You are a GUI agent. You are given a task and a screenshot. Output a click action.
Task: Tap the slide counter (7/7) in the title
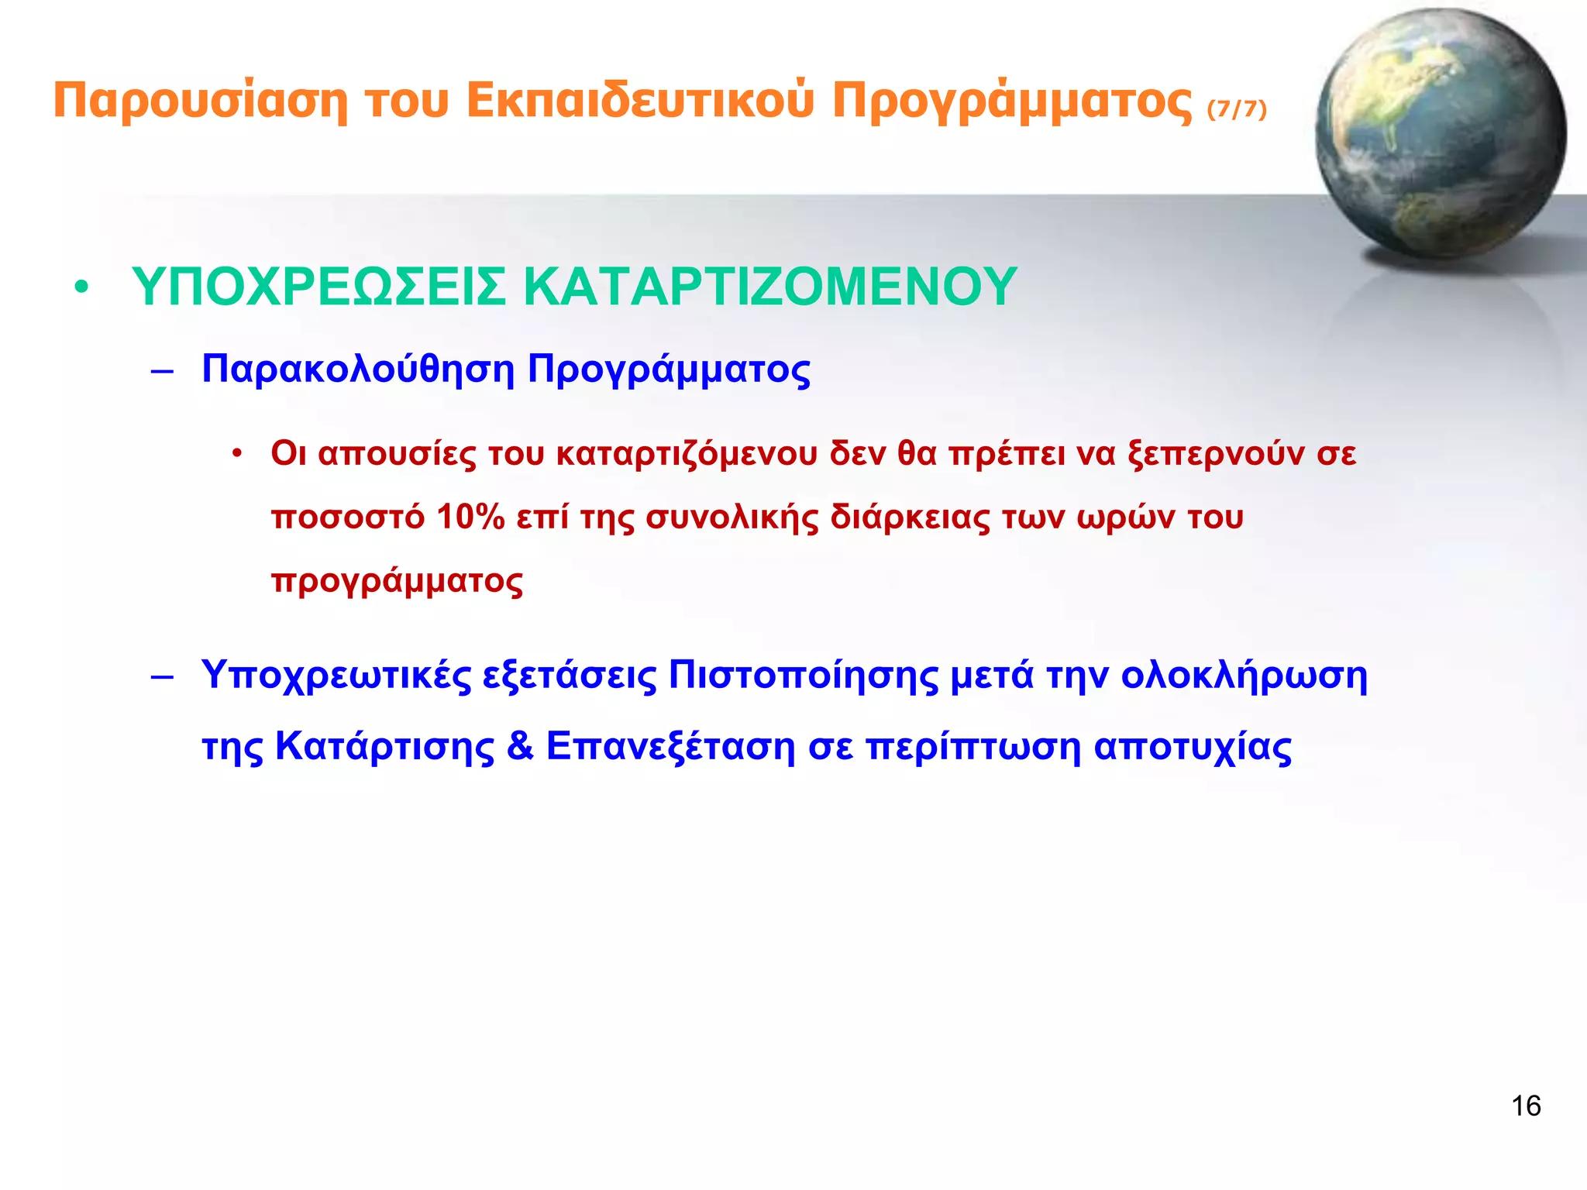coord(1237,109)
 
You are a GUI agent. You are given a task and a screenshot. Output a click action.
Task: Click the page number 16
coord(1525,1106)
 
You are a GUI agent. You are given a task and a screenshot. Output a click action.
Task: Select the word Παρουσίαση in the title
coord(201,101)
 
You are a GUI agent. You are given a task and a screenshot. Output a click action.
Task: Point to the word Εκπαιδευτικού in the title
coord(640,101)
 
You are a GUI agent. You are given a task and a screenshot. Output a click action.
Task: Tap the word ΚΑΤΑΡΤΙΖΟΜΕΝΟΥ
coord(770,287)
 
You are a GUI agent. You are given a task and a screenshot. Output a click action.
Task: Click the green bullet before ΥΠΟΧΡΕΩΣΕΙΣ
coord(81,288)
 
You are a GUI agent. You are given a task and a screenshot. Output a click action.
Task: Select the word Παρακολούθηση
coord(358,369)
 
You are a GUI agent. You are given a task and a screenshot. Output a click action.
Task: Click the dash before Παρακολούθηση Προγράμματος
coord(162,372)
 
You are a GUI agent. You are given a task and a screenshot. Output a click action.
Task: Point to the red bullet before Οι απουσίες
coord(238,454)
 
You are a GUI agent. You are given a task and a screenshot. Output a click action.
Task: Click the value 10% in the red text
coord(470,517)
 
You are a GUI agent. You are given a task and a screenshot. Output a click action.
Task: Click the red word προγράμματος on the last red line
coord(397,581)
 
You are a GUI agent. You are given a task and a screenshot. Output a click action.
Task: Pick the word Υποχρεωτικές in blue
coord(336,676)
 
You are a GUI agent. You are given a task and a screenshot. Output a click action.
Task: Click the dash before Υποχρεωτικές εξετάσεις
coord(162,677)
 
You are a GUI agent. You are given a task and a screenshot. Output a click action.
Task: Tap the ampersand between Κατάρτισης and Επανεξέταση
coord(520,747)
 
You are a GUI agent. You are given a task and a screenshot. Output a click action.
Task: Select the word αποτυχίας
coord(1193,747)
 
